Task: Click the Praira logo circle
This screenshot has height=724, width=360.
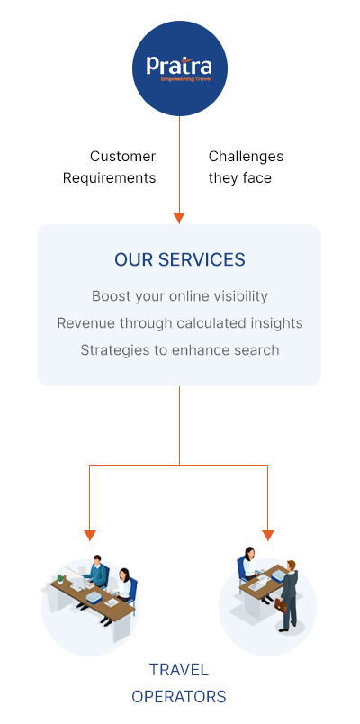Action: tap(179, 68)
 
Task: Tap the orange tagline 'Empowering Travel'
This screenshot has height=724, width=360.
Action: tap(186, 79)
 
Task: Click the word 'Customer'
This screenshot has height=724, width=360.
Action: tap(122, 157)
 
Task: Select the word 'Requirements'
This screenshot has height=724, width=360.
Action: tap(110, 178)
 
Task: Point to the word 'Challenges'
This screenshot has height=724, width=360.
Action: tap(246, 157)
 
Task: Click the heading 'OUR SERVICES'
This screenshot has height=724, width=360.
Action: tap(179, 260)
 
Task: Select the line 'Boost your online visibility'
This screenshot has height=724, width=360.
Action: tap(179, 296)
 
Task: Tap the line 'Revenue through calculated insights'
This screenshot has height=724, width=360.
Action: tap(179, 323)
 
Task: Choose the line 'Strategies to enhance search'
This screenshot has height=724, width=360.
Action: tap(179, 350)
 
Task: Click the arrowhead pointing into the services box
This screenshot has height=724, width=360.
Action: tap(179, 218)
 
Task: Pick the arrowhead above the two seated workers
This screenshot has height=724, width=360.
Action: tap(90, 536)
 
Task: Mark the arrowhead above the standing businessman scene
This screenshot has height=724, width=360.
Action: tap(268, 536)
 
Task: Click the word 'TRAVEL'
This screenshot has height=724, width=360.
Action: tap(179, 669)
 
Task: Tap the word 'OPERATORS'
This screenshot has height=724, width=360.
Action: tap(179, 696)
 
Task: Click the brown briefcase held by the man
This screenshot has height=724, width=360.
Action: tap(281, 606)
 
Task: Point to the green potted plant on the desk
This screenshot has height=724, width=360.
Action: tap(60, 579)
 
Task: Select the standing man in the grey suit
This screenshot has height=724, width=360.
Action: tap(289, 595)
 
